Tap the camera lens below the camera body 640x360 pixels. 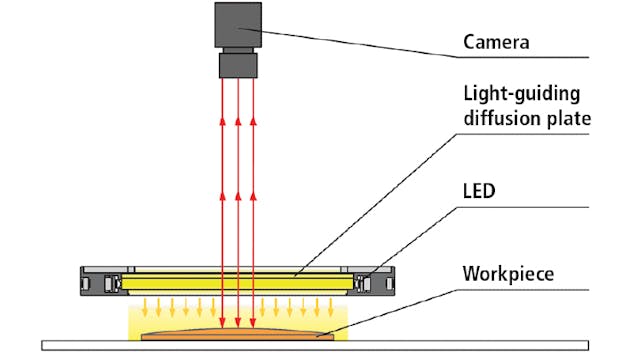pyautogui.click(x=238, y=65)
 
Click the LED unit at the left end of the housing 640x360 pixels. pyautogui.click(x=111, y=283)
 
